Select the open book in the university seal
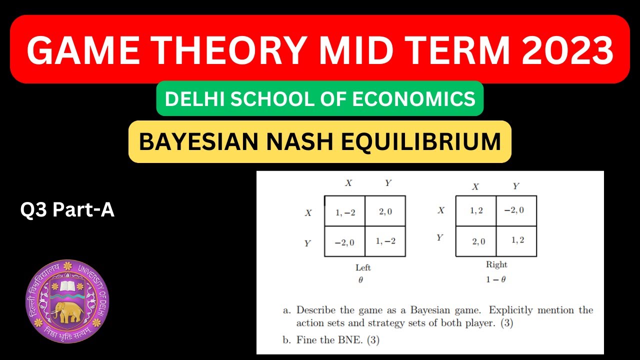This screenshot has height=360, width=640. point(67,286)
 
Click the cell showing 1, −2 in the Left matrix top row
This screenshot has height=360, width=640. point(344,211)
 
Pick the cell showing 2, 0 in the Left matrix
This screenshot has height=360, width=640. point(385,211)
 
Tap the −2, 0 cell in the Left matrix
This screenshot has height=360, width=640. point(344,242)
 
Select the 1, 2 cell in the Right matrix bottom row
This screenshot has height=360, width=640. point(517,240)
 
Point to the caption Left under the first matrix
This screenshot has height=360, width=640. point(363,267)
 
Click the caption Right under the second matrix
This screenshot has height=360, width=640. point(496,265)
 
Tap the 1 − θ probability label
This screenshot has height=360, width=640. point(495,279)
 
